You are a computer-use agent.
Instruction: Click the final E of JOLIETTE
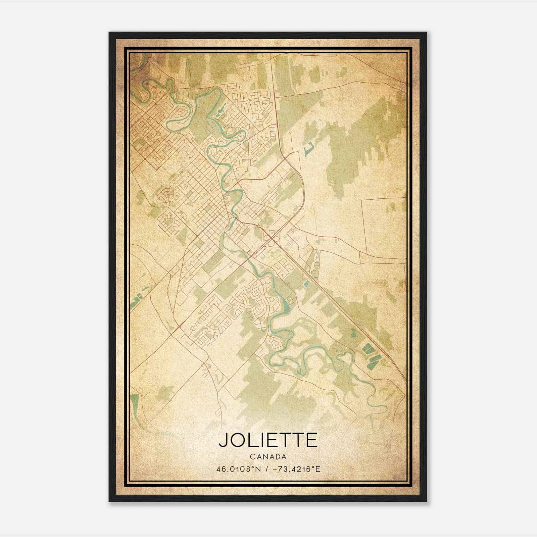coord(311,440)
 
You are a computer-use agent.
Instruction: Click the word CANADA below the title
coord(268,457)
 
